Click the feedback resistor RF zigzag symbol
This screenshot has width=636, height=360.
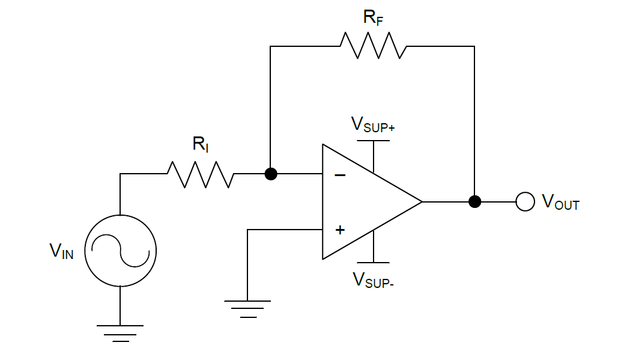point(373,46)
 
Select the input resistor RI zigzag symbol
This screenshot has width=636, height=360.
point(200,174)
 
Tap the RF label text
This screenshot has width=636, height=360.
point(373,17)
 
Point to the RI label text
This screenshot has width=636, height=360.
point(200,144)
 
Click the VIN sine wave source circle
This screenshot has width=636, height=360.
point(120,251)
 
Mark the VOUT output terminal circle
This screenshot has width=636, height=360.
point(525,202)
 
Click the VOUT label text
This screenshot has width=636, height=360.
point(560,202)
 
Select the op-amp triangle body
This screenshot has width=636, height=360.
point(366,202)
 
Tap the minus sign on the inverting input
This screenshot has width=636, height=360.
point(340,175)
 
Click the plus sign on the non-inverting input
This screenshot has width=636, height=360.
point(340,230)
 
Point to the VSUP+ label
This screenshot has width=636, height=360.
point(372,124)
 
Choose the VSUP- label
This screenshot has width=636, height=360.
point(373,279)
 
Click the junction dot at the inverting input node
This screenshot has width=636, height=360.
point(271,174)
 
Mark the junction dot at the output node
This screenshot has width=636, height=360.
point(474,202)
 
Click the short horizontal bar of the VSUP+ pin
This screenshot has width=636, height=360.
point(373,141)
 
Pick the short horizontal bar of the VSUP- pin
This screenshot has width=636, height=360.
point(373,263)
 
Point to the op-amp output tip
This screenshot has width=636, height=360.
point(422,202)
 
